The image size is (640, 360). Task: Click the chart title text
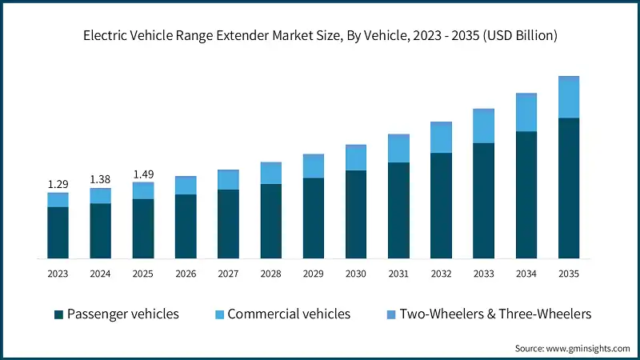pyautogui.click(x=320, y=35)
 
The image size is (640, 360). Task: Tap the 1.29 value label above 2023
pyautogui.click(x=58, y=184)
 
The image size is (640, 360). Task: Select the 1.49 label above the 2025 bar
pyautogui.click(x=142, y=174)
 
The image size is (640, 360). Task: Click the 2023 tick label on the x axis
pyautogui.click(x=58, y=274)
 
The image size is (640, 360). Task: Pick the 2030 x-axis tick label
pyautogui.click(x=356, y=274)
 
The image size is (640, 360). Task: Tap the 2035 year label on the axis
pyautogui.click(x=569, y=274)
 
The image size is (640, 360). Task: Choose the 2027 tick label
pyautogui.click(x=228, y=274)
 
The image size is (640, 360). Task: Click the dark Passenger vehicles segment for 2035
pyautogui.click(x=569, y=189)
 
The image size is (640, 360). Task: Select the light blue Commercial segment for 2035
pyautogui.click(x=569, y=98)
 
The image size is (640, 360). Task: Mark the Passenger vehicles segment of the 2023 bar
pyautogui.click(x=58, y=233)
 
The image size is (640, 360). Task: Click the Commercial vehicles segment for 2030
pyautogui.click(x=356, y=158)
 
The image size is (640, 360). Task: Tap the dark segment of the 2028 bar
pyautogui.click(x=270, y=222)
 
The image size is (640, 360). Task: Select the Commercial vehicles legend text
pyautogui.click(x=289, y=314)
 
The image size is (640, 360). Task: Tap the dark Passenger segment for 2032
pyautogui.click(x=441, y=206)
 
